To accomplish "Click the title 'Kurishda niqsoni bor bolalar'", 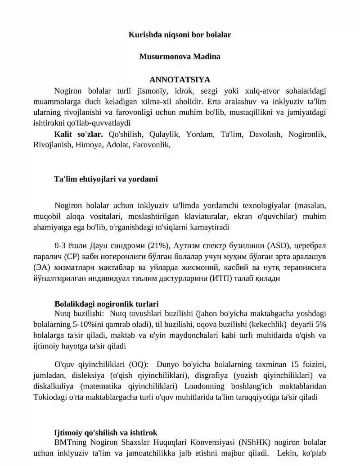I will pos(180,34).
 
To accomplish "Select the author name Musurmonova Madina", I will pos(180,57).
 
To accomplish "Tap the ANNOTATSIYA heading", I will pos(180,80).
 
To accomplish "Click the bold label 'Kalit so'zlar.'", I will pos(78,134).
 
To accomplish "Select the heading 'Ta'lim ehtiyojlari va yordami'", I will pos(106,179).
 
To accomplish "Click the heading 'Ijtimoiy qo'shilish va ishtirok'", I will pos(105,433).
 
